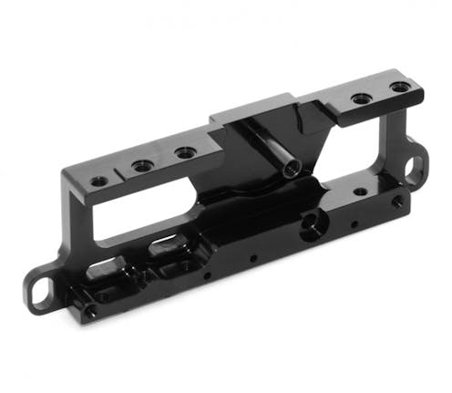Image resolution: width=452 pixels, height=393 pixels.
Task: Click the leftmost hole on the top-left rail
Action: [98, 181]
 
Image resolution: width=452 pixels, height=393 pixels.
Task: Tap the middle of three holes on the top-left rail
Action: [142, 166]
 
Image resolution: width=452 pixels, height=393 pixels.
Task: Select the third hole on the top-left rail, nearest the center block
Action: [185, 152]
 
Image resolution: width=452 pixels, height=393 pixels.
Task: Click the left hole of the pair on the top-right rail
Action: [361, 97]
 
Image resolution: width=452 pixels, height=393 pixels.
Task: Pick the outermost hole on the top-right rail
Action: [400, 88]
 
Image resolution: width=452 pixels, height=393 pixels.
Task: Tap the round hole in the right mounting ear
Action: [415, 166]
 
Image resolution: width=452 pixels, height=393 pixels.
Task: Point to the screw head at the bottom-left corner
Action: [89, 312]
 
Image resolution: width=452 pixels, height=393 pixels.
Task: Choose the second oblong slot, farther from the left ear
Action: [169, 245]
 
